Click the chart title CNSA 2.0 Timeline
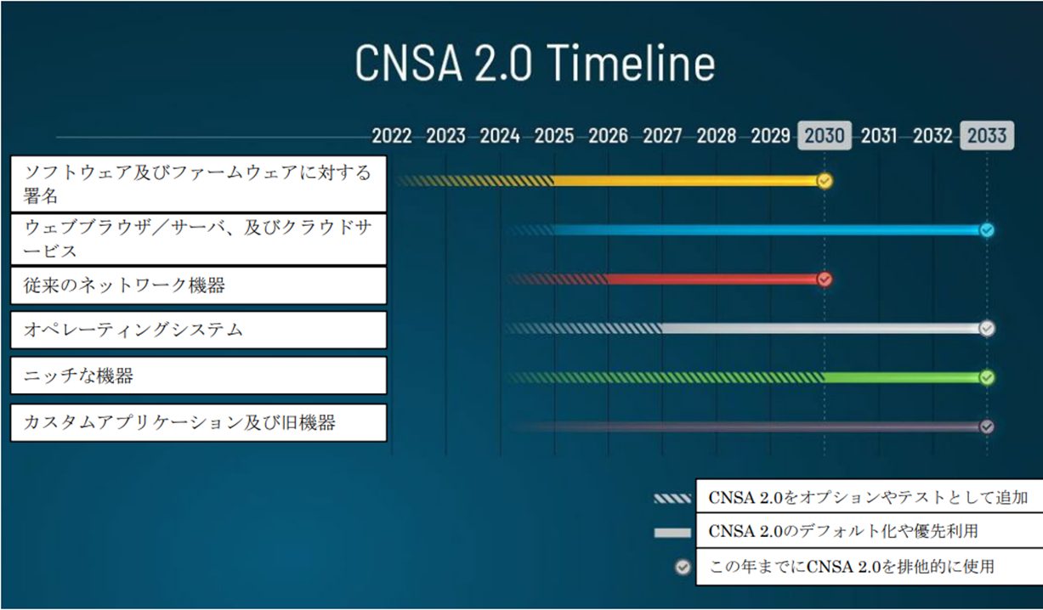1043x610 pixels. (x=535, y=63)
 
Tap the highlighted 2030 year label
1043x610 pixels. (x=824, y=136)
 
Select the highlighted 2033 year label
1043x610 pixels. (x=986, y=136)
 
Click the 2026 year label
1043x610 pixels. (x=608, y=136)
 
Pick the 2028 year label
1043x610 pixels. (x=716, y=136)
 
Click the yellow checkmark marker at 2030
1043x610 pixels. (x=824, y=181)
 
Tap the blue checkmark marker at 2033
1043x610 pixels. (x=986, y=230)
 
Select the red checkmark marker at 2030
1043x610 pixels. (x=824, y=280)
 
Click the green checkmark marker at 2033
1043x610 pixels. (x=986, y=377)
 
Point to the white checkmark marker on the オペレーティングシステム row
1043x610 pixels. (x=986, y=329)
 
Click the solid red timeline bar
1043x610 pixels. (x=714, y=280)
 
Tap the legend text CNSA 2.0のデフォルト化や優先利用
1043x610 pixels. (x=842, y=532)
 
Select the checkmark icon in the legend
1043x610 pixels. (x=682, y=567)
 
